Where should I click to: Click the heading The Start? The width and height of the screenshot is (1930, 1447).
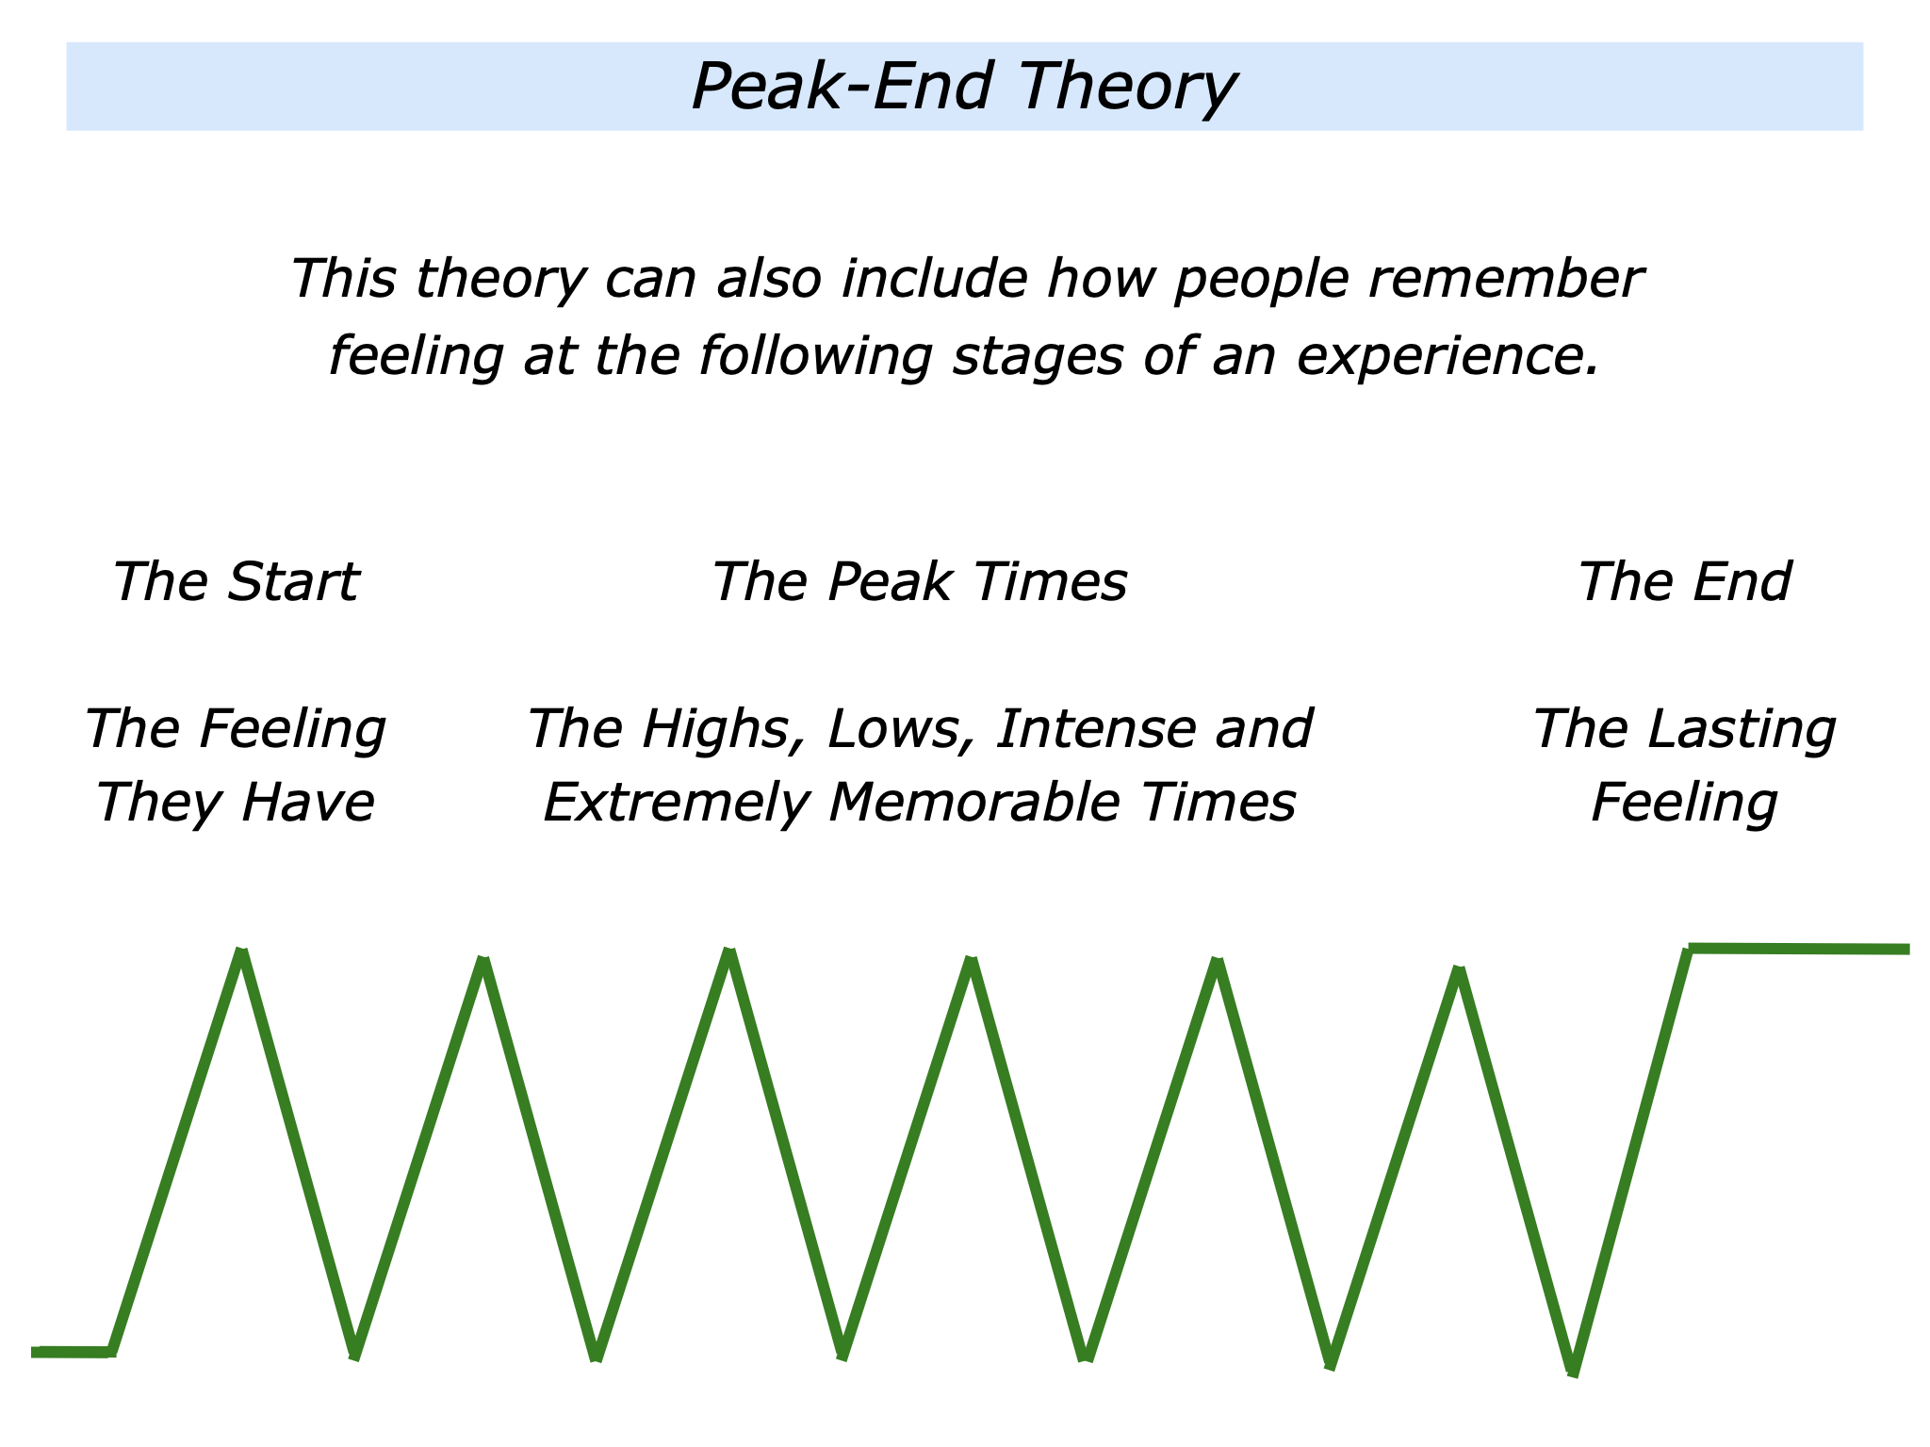click(x=236, y=581)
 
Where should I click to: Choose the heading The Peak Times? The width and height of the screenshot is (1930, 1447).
click(x=919, y=581)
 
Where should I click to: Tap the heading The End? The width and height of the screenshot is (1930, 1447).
click(x=1684, y=581)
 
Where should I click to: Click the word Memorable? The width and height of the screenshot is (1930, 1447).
click(x=974, y=804)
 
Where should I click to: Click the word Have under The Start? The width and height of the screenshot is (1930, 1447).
click(x=308, y=804)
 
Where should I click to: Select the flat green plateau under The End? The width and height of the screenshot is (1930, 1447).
click(x=1800, y=949)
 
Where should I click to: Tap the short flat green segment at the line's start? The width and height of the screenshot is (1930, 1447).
click(x=72, y=1352)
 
